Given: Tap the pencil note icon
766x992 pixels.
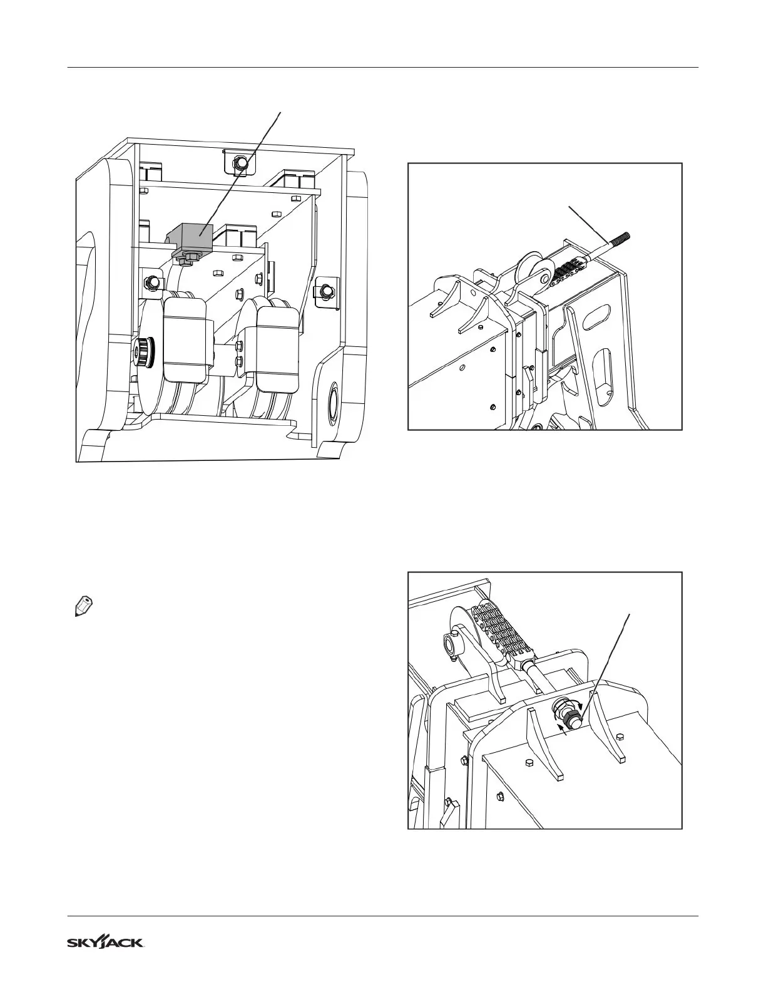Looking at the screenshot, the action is tap(83, 607).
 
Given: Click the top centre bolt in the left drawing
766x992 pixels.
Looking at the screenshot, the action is tap(240, 163).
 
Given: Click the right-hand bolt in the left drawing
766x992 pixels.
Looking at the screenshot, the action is tap(325, 291).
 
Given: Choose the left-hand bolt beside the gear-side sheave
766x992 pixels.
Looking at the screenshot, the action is tap(151, 282).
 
